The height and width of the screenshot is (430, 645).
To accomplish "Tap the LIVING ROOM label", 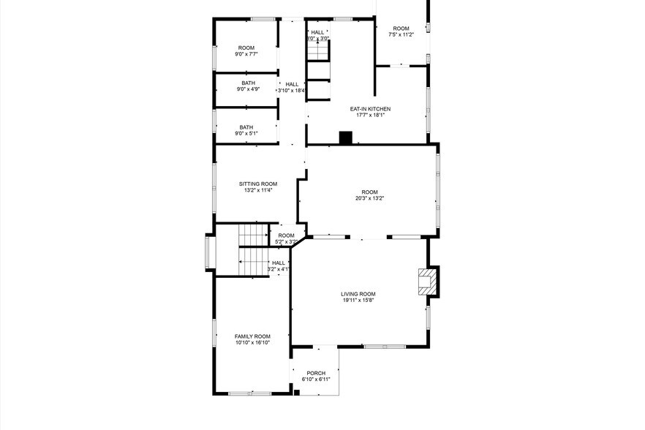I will click(x=358, y=293).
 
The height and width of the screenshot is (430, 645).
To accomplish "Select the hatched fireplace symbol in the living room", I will click(x=426, y=282).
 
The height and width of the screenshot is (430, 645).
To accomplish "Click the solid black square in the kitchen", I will click(x=346, y=137).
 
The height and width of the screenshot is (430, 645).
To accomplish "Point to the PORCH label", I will click(x=316, y=373).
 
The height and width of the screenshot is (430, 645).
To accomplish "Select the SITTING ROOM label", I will click(x=258, y=184).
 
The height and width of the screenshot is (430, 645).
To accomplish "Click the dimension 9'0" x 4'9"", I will click(x=248, y=89).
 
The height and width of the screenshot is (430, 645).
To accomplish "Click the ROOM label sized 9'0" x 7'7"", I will click(x=246, y=48).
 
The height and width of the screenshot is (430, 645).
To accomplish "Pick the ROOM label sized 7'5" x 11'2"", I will click(x=401, y=29).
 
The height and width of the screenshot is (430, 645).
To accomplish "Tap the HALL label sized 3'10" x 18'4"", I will click(x=292, y=84).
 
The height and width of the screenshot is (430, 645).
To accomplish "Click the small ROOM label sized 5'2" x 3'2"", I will click(x=286, y=235).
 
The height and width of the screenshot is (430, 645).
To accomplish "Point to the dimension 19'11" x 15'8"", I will click(x=358, y=300).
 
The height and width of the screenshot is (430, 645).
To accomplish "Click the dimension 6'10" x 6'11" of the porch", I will click(x=316, y=380).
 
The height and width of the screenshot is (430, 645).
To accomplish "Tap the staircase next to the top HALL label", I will click(x=317, y=52).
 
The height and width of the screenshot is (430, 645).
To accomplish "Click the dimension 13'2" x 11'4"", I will click(x=258, y=190).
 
